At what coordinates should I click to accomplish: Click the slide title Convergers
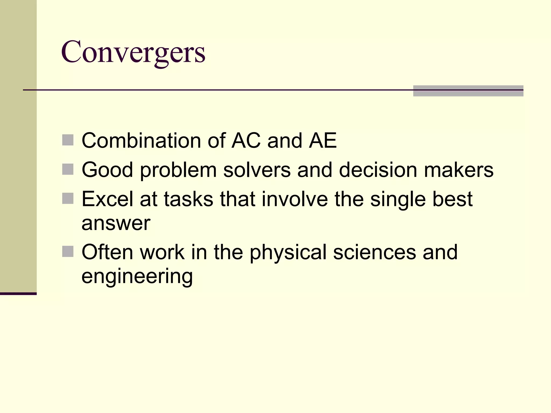point(133,52)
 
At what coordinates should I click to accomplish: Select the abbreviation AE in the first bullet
point(323,140)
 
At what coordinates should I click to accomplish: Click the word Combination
point(141,140)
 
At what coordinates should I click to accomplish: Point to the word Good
point(107,170)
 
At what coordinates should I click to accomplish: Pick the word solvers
point(257,170)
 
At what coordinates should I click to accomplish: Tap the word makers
point(458,170)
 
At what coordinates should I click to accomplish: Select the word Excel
point(107,199)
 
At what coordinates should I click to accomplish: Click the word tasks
point(188,199)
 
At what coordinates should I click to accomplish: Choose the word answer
point(116,223)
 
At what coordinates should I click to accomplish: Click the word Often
point(107,252)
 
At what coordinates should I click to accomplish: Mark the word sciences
point(374,252)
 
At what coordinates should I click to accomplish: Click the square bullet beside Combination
point(68,140)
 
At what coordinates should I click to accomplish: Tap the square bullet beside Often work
point(68,252)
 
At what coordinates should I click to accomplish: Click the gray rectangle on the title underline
point(468,91)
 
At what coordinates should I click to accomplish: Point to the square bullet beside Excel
point(68,199)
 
